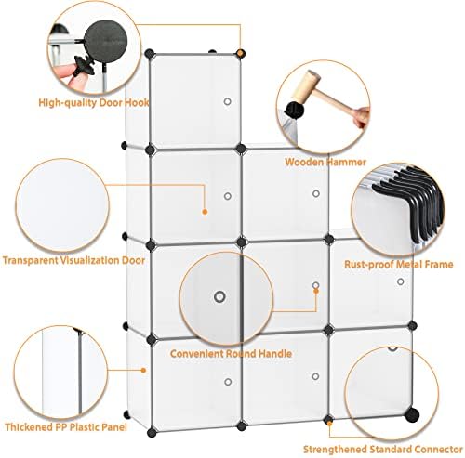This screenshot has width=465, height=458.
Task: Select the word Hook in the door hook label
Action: click(x=137, y=102)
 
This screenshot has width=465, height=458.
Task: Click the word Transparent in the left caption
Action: click(x=30, y=260)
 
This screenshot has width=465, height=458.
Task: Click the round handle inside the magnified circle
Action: click(x=219, y=297)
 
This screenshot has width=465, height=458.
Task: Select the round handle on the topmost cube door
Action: click(x=227, y=101)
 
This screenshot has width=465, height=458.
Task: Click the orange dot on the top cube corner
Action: click(x=240, y=53)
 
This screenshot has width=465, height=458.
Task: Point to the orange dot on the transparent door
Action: click(x=205, y=212)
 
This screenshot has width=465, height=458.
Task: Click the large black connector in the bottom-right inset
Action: click(x=412, y=414)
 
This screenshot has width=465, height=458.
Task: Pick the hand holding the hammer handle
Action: click(x=362, y=117)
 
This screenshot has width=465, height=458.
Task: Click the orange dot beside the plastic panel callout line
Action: click(x=143, y=370)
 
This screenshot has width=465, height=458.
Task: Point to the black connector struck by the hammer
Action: click(x=295, y=110)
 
